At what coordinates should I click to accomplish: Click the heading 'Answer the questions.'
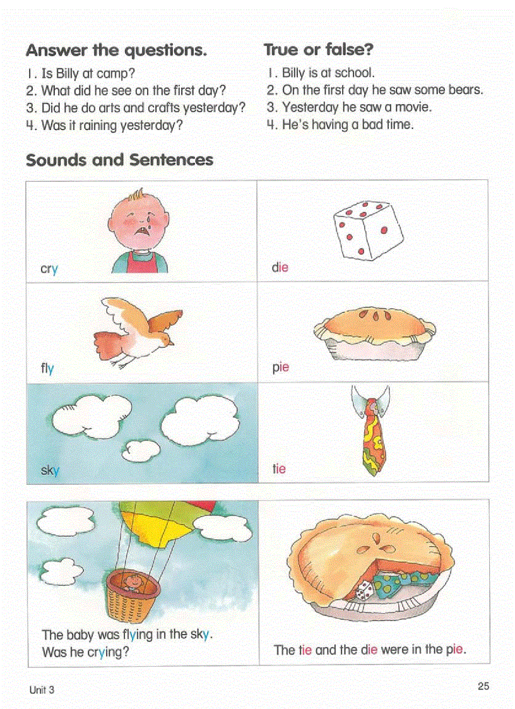pyautogui.click(x=116, y=50)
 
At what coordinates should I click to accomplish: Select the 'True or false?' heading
pyautogui.click(x=318, y=49)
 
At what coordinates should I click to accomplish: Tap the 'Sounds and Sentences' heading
pyautogui.click(x=119, y=160)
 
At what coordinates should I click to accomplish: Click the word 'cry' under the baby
pyautogui.click(x=49, y=269)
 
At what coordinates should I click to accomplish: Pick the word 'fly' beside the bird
pyautogui.click(x=47, y=368)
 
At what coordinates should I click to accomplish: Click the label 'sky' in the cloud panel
pyautogui.click(x=50, y=470)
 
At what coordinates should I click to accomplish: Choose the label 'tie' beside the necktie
pyautogui.click(x=279, y=468)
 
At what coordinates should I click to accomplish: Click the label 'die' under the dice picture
pyautogui.click(x=280, y=267)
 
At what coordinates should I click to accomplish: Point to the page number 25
pyautogui.click(x=483, y=686)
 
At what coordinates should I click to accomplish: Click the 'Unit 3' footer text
pyautogui.click(x=42, y=690)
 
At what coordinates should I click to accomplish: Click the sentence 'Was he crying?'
pyautogui.click(x=85, y=652)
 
